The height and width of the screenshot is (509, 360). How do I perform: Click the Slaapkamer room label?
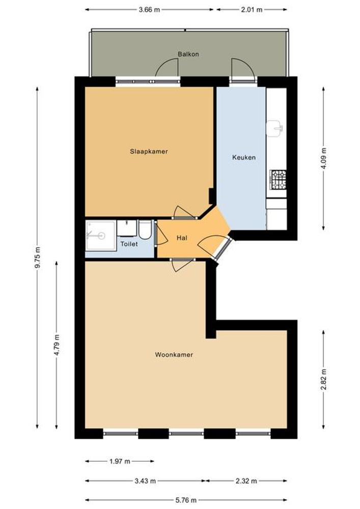click(149, 151)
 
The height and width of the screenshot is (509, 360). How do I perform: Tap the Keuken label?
click(244, 157)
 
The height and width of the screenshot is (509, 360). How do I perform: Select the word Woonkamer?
click(174, 354)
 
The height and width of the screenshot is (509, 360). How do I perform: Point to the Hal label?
click(182, 238)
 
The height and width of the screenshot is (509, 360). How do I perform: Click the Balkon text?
click(188, 54)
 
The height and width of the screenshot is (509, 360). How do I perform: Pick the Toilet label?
click(129, 244)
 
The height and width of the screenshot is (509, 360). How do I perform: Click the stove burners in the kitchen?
click(279, 180)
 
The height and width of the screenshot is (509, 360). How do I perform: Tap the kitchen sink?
click(274, 128)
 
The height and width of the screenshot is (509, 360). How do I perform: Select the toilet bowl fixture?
click(145, 230)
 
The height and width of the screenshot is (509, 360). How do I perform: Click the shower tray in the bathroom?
click(101, 236)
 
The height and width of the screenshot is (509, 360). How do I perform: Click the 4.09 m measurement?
click(324, 158)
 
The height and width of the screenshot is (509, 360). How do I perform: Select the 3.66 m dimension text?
click(149, 10)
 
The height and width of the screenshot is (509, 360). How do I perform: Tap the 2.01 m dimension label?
click(252, 10)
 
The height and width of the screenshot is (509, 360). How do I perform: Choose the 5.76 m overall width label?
click(186, 500)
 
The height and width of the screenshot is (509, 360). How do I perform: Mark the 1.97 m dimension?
click(120, 461)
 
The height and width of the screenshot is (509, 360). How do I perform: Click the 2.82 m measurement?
click(324, 380)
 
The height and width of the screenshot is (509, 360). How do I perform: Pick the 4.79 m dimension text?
click(57, 345)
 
